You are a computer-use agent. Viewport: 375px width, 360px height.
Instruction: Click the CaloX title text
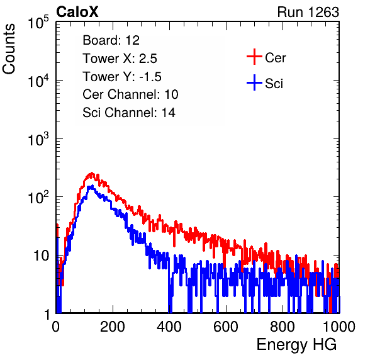point(77,12)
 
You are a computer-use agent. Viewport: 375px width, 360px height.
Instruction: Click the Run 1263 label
point(308,12)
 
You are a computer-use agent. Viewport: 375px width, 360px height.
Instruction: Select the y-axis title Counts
point(9,49)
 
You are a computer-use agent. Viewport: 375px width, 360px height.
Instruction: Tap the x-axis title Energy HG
point(296,345)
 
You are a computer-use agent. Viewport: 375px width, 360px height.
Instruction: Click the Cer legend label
point(275,58)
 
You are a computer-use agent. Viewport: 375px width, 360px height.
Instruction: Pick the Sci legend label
point(274,84)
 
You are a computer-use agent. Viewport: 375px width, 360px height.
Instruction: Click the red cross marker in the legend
point(254,57)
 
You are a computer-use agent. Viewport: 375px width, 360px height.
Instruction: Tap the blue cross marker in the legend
point(254,82)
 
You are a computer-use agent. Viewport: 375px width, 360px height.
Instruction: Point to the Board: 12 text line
point(111,40)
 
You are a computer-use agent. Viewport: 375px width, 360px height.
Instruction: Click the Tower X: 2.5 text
point(120,59)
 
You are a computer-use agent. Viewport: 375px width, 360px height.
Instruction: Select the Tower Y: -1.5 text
point(122,77)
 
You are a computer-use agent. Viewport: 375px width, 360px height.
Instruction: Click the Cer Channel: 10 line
point(130,94)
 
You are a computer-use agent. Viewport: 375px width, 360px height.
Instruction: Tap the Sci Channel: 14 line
point(129,113)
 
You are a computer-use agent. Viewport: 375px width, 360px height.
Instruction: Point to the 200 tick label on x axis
point(113,327)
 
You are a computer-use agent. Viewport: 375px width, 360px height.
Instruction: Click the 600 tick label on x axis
point(226,327)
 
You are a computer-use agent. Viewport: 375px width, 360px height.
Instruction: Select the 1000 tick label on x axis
point(339,327)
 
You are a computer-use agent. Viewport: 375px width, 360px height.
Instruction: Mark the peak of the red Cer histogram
point(92,172)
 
